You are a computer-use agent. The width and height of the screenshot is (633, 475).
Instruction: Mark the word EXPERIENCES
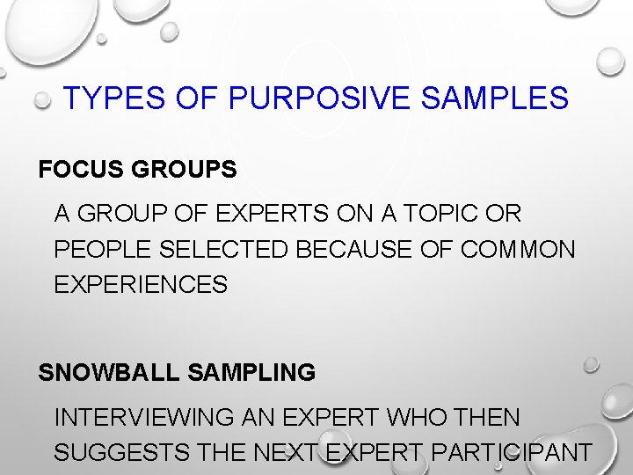click(x=141, y=285)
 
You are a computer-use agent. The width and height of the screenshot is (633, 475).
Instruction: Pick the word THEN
click(x=487, y=417)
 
